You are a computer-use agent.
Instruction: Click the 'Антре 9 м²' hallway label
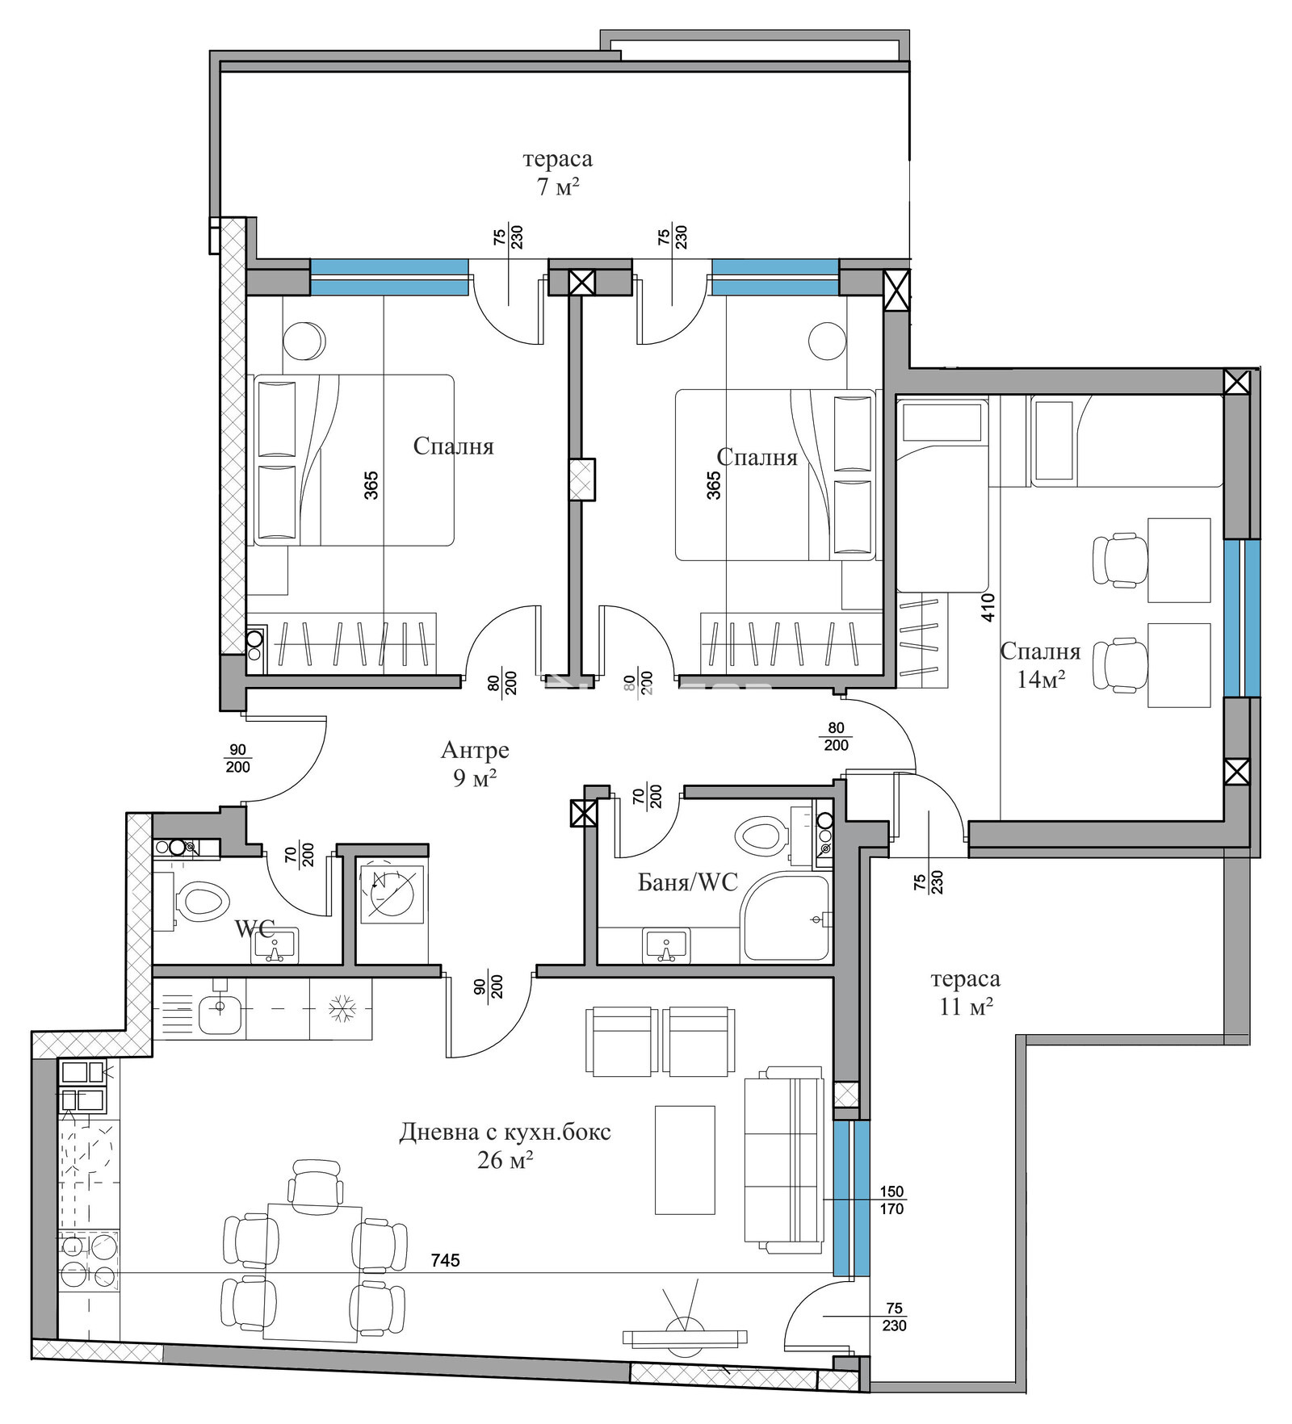[475, 764]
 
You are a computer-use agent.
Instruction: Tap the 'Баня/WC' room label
[687, 882]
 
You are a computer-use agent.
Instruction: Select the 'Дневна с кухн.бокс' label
[505, 1132]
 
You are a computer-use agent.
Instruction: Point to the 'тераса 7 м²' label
[557, 173]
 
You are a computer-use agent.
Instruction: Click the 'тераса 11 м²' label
[965, 992]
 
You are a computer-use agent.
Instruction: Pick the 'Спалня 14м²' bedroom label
[1040, 664]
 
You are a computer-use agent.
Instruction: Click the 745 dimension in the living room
[445, 1259]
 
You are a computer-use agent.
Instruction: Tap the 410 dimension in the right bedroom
[988, 607]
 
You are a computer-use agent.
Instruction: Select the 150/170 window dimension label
[891, 1200]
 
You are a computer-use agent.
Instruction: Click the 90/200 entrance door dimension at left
[237, 759]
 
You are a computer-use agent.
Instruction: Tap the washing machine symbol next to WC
[391, 894]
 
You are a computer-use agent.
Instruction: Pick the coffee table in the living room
[685, 1160]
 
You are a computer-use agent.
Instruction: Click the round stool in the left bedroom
[304, 341]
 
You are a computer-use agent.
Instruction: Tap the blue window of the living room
[852, 1198]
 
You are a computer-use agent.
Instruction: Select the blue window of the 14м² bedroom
[1241, 618]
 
